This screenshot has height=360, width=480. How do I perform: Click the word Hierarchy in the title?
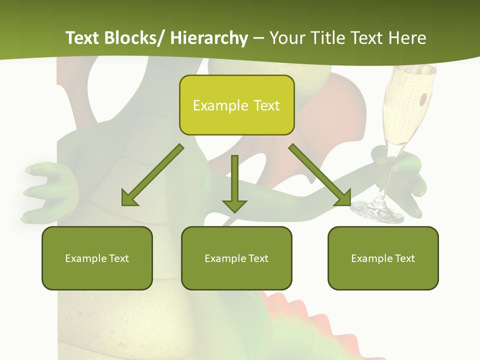point(209,38)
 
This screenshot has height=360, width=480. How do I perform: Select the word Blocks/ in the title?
point(135,38)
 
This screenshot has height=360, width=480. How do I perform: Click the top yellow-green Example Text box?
point(236,105)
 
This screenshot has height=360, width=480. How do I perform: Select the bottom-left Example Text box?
point(97,258)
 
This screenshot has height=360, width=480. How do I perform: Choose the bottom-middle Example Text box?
point(236,258)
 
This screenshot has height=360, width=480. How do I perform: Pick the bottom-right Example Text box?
point(383,258)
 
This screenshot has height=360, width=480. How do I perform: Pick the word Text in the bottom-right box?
point(404,258)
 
